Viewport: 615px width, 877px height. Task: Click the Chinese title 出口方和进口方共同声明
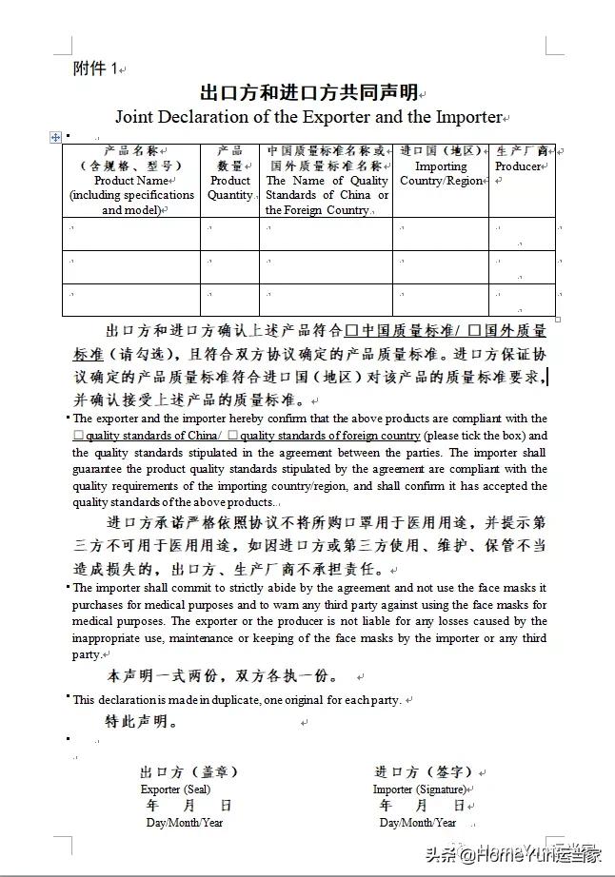point(308,92)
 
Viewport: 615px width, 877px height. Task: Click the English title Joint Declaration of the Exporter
point(307,117)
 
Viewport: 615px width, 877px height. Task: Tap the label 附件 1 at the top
point(95,68)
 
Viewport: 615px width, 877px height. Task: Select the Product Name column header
point(131,180)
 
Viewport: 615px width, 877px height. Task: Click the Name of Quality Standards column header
point(327,180)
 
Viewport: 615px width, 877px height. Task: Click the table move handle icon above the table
point(55,137)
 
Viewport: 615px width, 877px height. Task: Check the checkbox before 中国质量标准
point(351,332)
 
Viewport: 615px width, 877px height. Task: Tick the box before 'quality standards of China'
point(78,436)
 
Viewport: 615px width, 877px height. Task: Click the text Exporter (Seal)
point(175,789)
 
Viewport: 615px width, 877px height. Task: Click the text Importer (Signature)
point(419,789)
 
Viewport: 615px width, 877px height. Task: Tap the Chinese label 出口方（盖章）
point(188,771)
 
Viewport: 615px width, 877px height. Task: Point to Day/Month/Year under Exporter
point(184,822)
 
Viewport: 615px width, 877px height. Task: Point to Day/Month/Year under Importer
point(417,822)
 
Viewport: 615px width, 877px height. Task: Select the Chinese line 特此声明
point(142,722)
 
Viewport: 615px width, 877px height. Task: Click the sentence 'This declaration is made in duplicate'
point(237,699)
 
